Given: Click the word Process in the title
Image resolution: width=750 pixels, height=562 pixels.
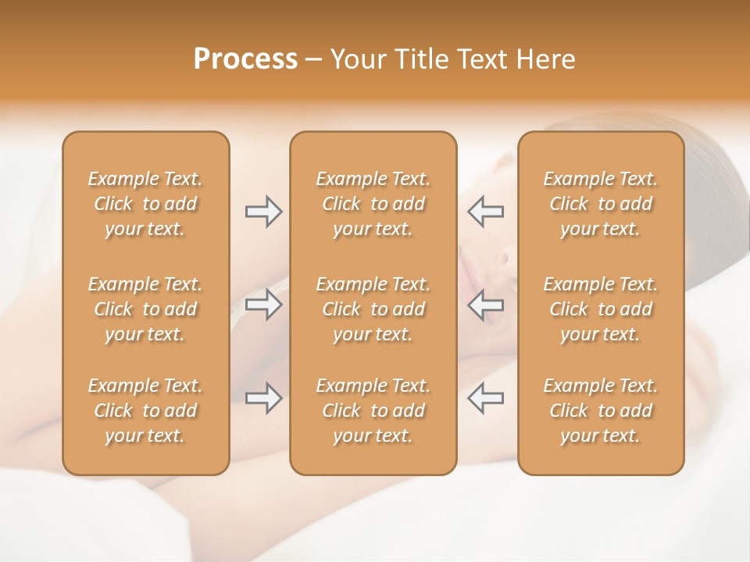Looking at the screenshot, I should click(x=245, y=59).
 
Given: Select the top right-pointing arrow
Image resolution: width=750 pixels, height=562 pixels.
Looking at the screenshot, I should click(x=264, y=212).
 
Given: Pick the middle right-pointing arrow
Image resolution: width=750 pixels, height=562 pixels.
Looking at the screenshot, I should click(x=264, y=304).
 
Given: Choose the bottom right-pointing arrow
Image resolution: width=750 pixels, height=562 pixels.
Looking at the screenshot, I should click(x=264, y=398).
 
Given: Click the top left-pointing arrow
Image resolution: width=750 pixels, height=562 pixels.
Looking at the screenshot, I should click(x=485, y=212).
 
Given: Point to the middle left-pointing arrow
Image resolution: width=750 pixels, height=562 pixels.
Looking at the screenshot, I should click(x=485, y=304).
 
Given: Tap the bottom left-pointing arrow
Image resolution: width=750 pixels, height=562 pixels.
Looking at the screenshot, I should click(x=485, y=398).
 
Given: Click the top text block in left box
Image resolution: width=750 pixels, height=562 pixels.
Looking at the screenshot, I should click(x=145, y=204).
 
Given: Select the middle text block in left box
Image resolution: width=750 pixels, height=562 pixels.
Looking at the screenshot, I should click(x=145, y=309).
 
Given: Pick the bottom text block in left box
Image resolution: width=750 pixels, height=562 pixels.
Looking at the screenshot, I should click(x=145, y=411).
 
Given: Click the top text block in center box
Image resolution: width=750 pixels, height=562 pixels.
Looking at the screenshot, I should click(x=373, y=204).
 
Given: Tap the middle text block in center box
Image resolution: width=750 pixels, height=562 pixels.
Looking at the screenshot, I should click(x=373, y=309).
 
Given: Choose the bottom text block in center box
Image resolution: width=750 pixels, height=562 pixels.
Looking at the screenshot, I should click(x=373, y=411).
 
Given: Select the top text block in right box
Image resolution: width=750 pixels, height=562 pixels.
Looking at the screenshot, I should click(x=601, y=204).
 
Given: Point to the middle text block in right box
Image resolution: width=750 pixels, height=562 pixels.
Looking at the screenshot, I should click(x=601, y=309).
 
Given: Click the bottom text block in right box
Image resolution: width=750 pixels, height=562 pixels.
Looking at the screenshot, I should click(x=601, y=411).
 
